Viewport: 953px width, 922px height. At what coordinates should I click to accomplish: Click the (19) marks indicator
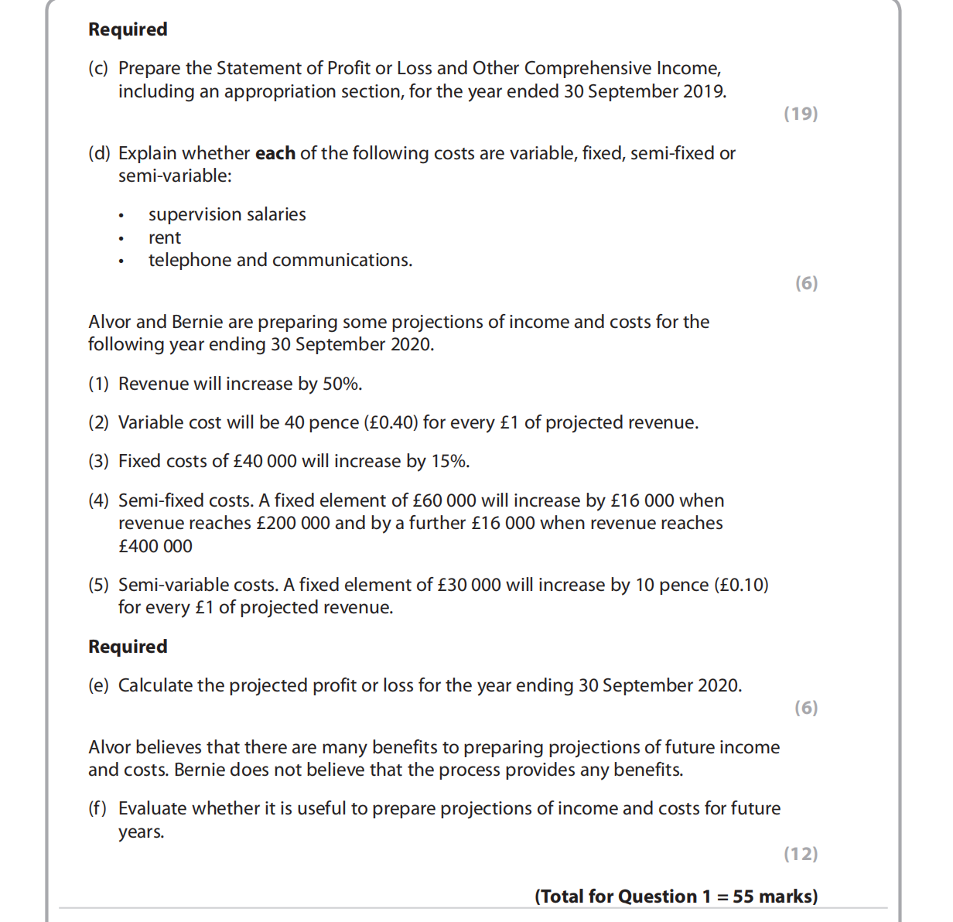(801, 114)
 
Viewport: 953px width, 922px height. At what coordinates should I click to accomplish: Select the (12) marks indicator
(801, 854)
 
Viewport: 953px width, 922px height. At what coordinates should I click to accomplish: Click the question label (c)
(98, 68)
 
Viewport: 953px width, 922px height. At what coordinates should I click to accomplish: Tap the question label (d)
(99, 153)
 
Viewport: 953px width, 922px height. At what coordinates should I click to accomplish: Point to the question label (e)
(98, 685)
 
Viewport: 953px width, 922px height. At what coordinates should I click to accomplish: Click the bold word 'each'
(275, 153)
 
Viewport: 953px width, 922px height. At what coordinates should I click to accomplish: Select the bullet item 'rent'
(165, 237)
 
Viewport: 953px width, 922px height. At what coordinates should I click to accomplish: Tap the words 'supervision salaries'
(227, 214)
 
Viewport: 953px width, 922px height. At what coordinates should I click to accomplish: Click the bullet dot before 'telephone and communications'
(121, 261)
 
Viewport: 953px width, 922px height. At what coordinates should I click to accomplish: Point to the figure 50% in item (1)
(342, 384)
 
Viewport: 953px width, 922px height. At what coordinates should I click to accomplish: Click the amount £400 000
(155, 546)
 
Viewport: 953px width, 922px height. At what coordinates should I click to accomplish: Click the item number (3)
(98, 461)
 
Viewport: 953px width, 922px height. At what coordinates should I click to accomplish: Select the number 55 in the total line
(743, 896)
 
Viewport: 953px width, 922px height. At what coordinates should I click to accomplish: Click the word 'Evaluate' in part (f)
(152, 808)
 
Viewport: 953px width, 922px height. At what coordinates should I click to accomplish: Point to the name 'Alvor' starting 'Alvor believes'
(110, 747)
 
